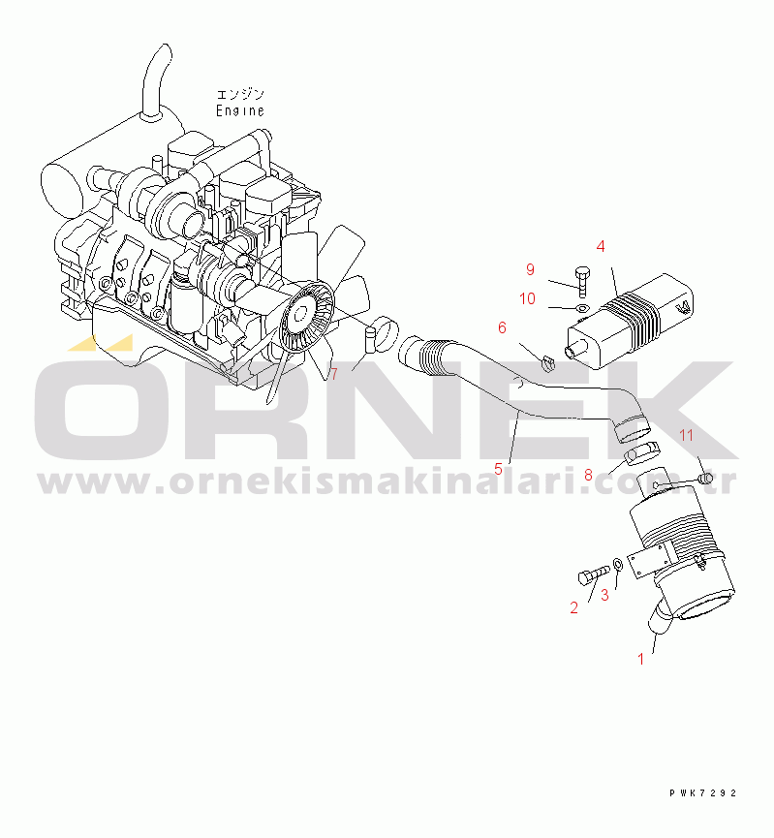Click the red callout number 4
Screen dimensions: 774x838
click(x=601, y=246)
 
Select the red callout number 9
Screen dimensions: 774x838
click(x=530, y=269)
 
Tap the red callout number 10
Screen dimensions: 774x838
click(x=528, y=298)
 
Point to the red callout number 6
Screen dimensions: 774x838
click(x=502, y=327)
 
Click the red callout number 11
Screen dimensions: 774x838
click(x=687, y=436)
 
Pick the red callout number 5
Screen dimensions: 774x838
click(x=498, y=469)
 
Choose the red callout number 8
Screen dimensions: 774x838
click(x=589, y=475)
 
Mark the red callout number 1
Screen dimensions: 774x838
click(x=641, y=660)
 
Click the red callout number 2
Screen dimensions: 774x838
click(x=574, y=607)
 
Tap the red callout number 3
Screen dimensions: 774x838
click(x=604, y=596)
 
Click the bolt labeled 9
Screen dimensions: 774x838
click(x=582, y=282)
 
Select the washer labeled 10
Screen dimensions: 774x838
click(x=582, y=308)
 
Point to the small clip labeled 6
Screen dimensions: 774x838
click(x=547, y=363)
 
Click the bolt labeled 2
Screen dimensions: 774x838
click(x=594, y=575)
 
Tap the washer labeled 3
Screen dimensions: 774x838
click(x=617, y=565)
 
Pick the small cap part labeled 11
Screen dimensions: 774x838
click(x=705, y=478)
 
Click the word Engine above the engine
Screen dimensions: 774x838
click(x=240, y=110)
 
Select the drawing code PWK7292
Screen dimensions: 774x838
click(x=703, y=793)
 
